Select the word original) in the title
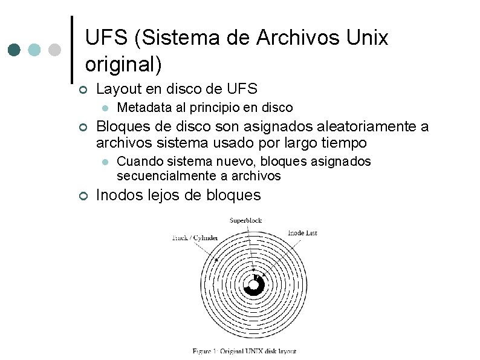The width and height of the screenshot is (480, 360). point(124,63)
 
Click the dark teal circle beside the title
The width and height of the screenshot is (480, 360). point(15,50)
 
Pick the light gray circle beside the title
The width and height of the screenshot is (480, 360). point(54,50)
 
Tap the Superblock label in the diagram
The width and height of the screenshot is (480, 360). point(245,220)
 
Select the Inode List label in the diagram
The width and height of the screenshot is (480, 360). point(302,232)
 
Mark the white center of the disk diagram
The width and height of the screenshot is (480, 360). point(253,285)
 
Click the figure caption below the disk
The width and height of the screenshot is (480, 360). point(244,351)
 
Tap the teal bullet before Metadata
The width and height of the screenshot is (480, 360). point(105,108)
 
